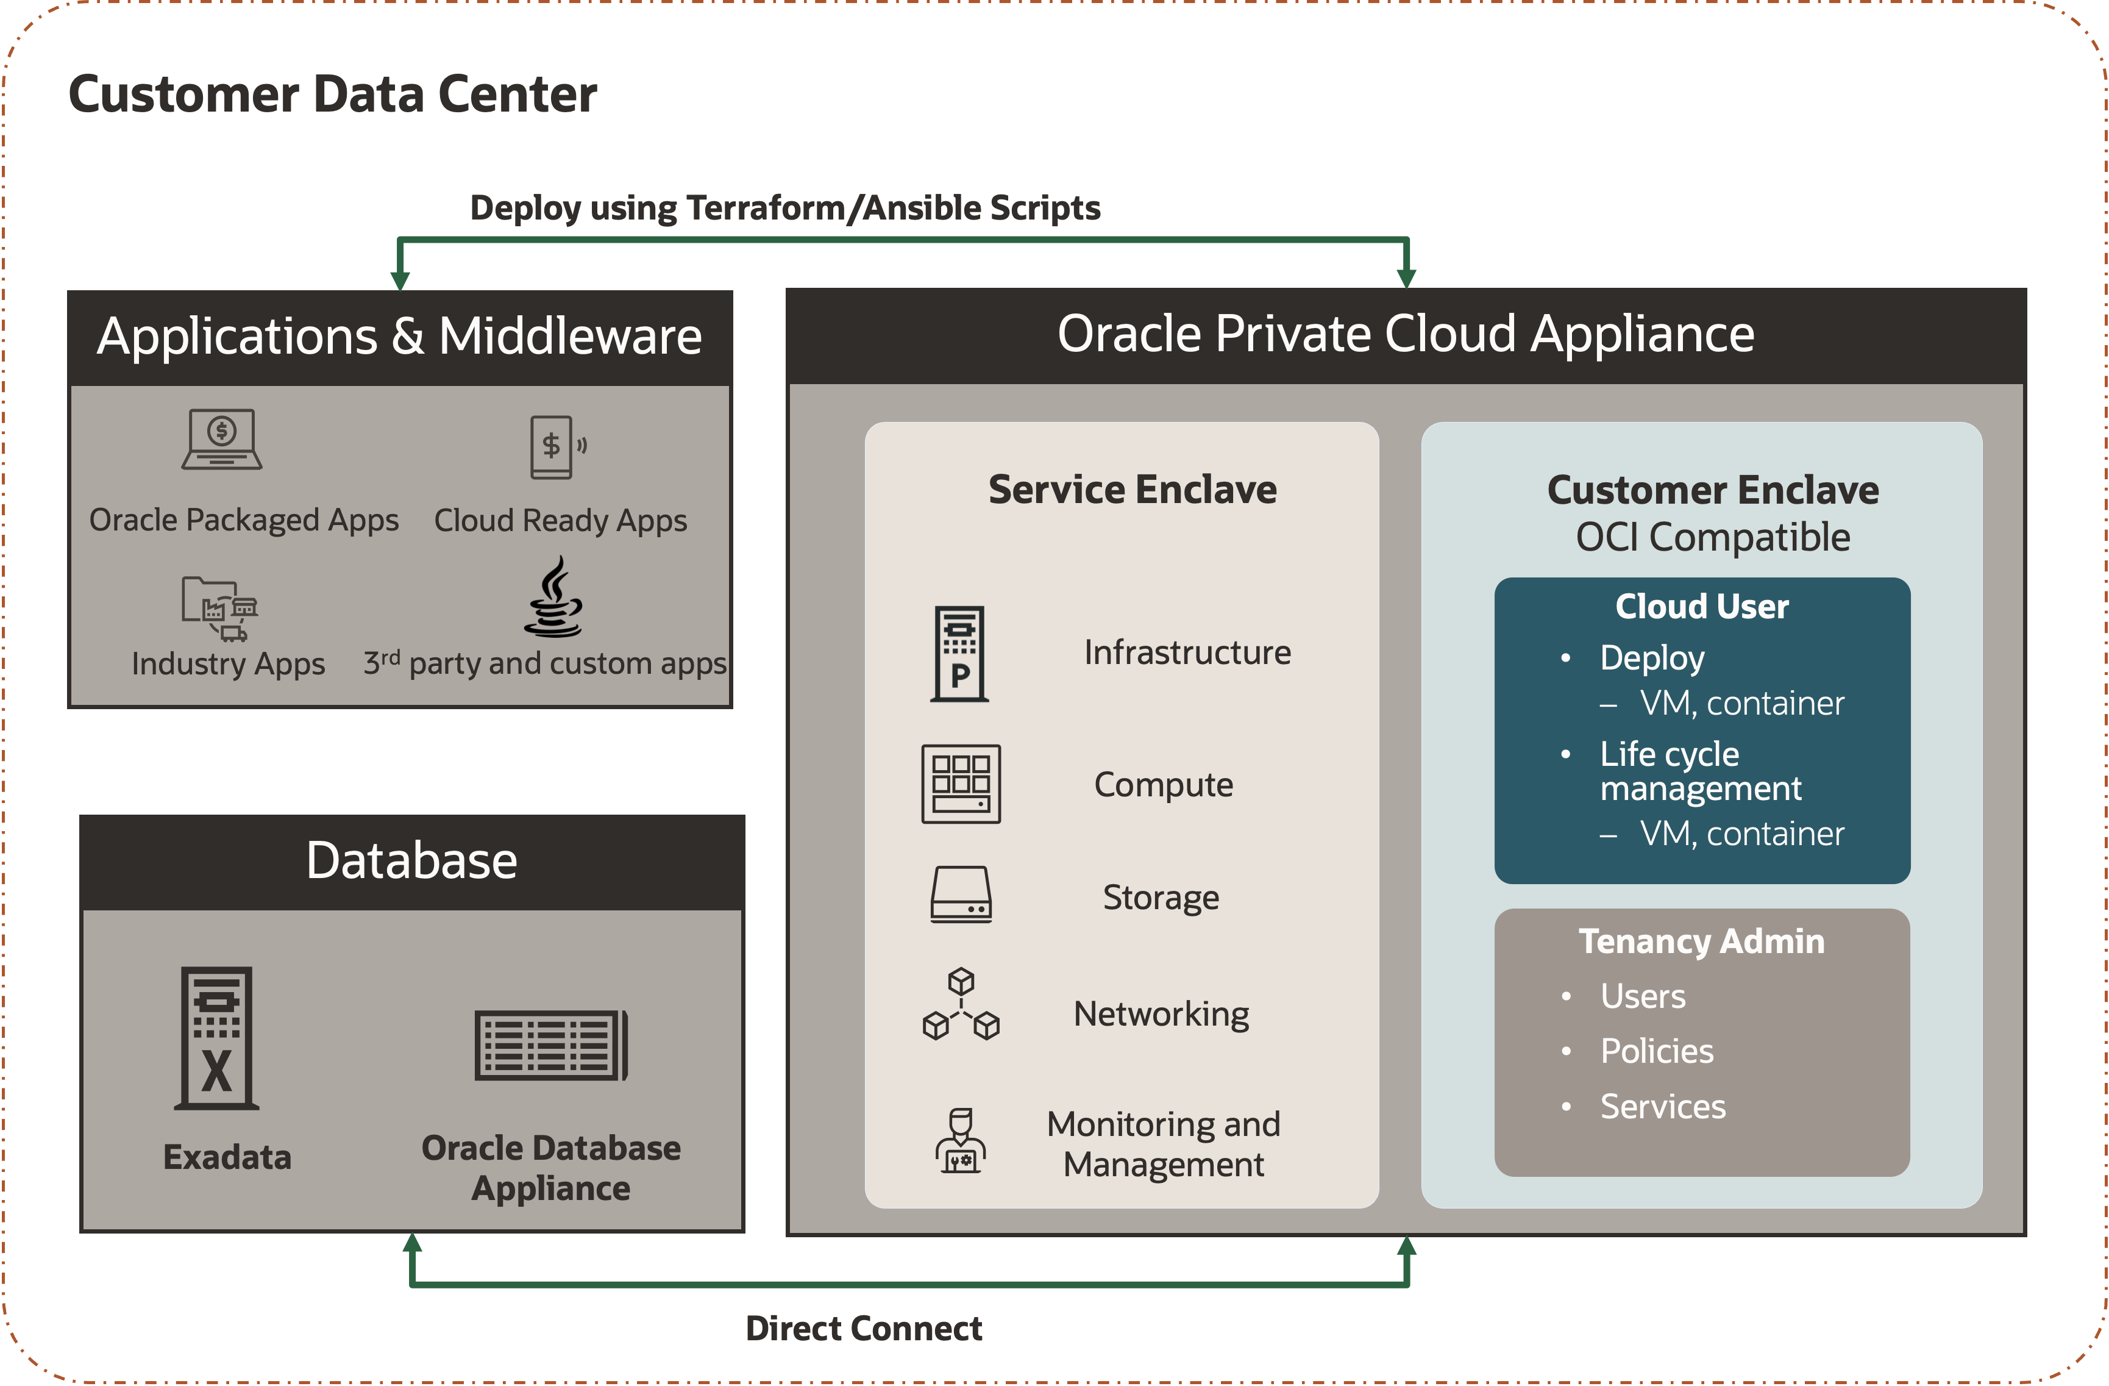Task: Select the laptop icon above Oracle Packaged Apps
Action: (x=221, y=438)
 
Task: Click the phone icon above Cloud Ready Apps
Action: (x=553, y=446)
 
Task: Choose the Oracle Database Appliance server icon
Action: (x=551, y=1046)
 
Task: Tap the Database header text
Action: (x=411, y=860)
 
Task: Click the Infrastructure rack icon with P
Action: (x=959, y=654)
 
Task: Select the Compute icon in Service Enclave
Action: (x=961, y=784)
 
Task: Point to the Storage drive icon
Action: (x=961, y=895)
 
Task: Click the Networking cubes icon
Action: (x=961, y=1004)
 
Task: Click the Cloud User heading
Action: (x=1701, y=606)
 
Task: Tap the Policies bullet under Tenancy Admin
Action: (x=1656, y=1051)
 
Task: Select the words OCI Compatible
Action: (x=1712, y=537)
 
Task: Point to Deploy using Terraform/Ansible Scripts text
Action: (x=784, y=207)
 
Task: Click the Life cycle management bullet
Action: (x=1699, y=770)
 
